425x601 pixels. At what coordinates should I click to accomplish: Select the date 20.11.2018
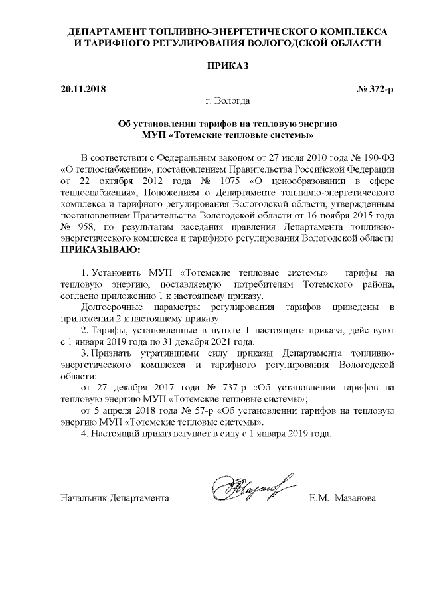click(83, 88)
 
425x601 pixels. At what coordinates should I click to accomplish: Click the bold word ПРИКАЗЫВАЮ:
click(101, 250)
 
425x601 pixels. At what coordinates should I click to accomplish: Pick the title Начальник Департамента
click(114, 497)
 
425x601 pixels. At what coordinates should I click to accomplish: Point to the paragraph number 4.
click(83, 434)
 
